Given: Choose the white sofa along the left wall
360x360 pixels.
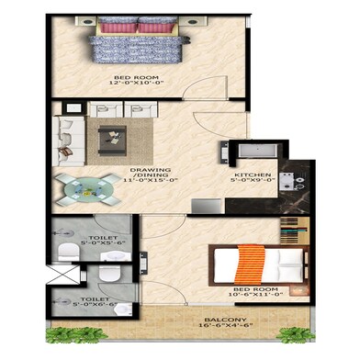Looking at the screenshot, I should [x=65, y=135].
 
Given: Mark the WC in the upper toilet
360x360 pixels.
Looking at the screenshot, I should [x=64, y=251].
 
